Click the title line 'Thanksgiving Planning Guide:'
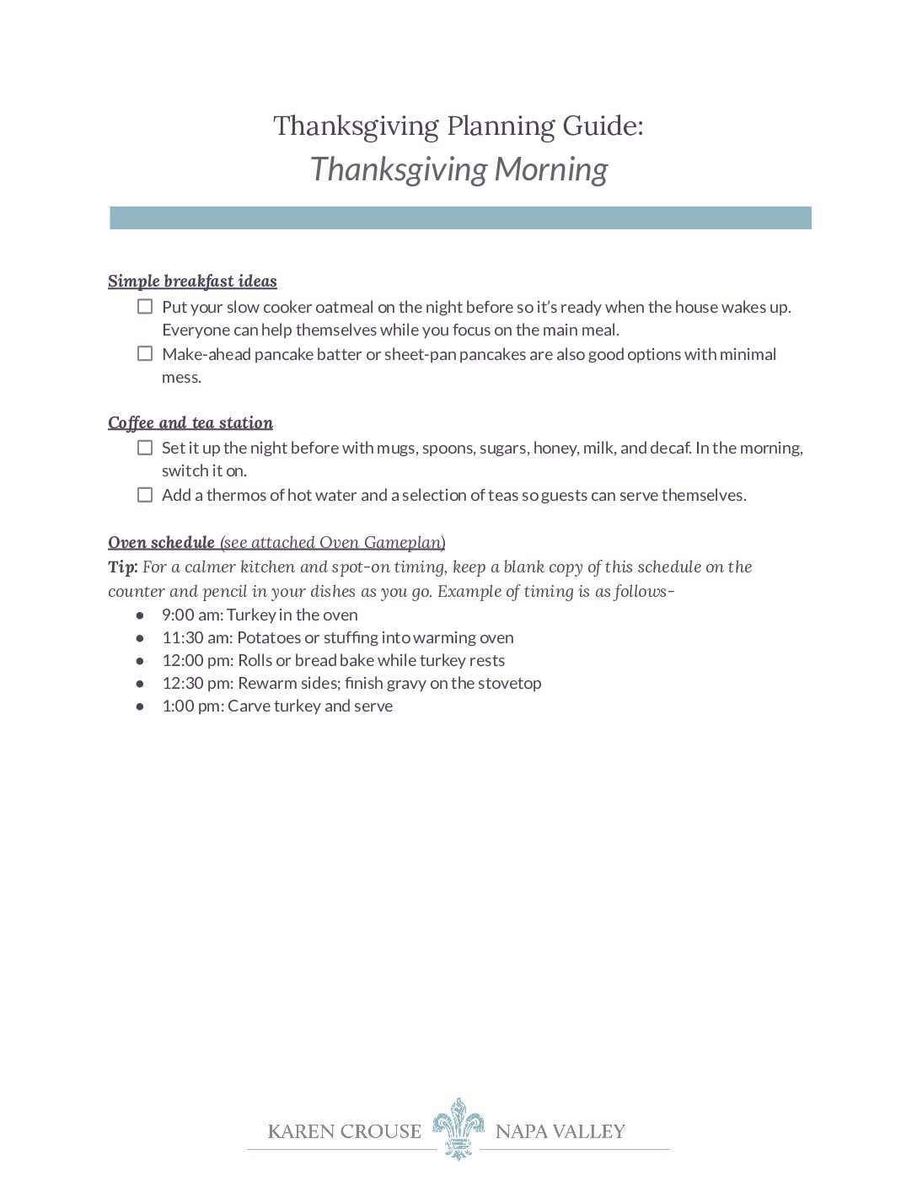point(458,126)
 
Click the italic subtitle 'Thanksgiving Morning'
point(458,169)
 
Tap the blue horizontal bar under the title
point(460,218)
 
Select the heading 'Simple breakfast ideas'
point(192,282)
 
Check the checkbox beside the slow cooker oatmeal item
point(145,307)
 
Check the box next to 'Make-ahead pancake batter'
point(145,354)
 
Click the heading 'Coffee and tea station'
point(190,423)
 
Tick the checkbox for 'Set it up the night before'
point(145,448)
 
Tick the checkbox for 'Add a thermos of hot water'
point(145,495)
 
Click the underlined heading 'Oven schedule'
point(161,542)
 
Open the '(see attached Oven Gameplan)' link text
point(333,542)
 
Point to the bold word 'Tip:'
point(122,567)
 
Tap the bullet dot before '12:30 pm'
point(140,684)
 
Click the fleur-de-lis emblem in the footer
point(458,1128)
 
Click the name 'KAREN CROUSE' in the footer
point(344,1131)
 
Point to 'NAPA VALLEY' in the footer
point(560,1131)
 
